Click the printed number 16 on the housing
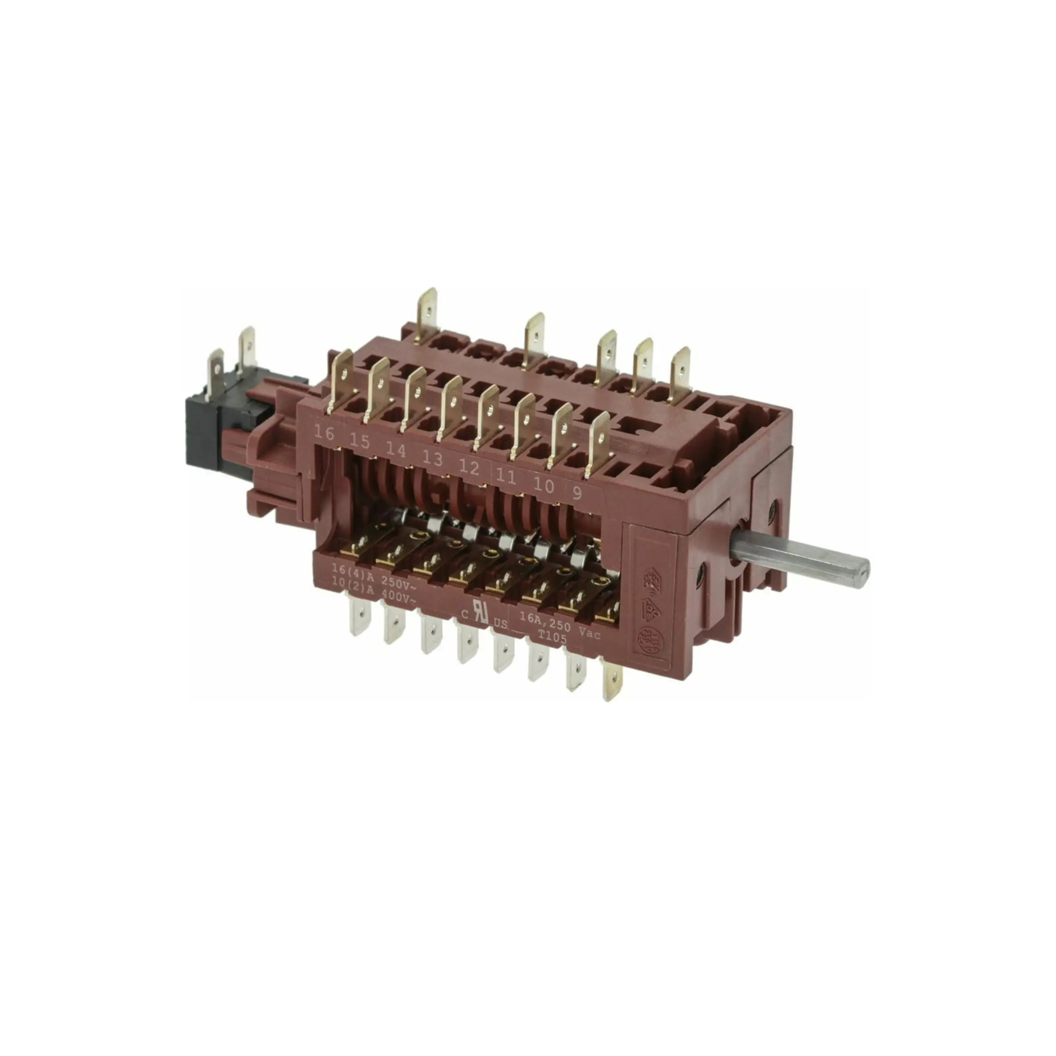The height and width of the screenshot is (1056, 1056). [x=324, y=433]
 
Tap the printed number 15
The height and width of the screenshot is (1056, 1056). [x=360, y=442]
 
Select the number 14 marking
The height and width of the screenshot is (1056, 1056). [x=396, y=450]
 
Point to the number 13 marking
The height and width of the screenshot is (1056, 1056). [x=432, y=458]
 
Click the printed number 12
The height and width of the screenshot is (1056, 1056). [x=469, y=467]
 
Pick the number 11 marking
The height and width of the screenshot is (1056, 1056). [x=506, y=477]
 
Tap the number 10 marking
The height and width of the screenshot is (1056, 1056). [x=543, y=485]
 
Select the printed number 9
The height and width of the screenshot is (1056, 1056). [x=577, y=493]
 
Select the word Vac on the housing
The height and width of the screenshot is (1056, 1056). [x=589, y=634]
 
